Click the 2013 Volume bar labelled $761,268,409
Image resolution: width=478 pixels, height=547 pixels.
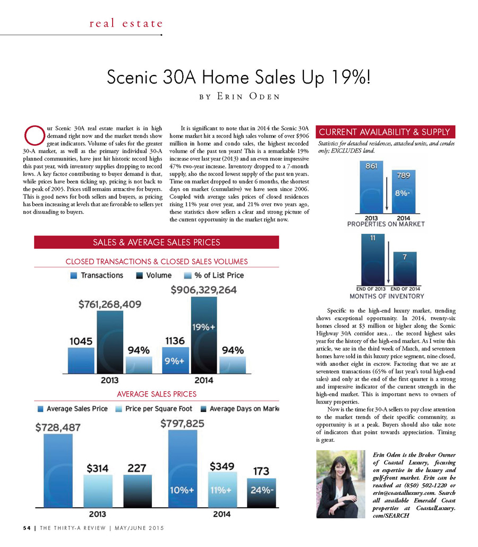tap(110, 342)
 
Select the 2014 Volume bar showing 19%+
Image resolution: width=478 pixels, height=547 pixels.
tap(204, 335)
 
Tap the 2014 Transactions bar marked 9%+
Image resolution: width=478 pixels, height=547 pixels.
tap(175, 360)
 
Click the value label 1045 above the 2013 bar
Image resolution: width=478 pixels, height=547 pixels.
tap(81, 341)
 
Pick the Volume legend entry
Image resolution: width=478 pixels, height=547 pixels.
tap(153, 275)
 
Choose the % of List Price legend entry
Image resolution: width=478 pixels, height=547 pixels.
tap(214, 275)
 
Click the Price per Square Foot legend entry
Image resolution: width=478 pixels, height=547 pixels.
tap(153, 408)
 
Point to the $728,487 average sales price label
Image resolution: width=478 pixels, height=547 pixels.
tap(58, 427)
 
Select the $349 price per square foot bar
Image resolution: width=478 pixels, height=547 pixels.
tap(223, 490)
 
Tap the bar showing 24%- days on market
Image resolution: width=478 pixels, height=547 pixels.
tap(261, 493)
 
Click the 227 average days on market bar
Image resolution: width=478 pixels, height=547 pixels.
tap(138, 491)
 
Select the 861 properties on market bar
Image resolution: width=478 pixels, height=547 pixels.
tap(371, 187)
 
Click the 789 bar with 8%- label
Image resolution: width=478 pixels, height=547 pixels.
tap(404, 191)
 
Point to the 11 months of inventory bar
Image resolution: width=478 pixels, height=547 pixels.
tap(373, 259)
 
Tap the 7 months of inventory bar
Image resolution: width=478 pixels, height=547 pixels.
tap(405, 268)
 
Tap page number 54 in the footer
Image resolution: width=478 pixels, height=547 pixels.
tap(27, 528)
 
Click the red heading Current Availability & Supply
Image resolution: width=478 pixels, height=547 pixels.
tap(385, 132)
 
